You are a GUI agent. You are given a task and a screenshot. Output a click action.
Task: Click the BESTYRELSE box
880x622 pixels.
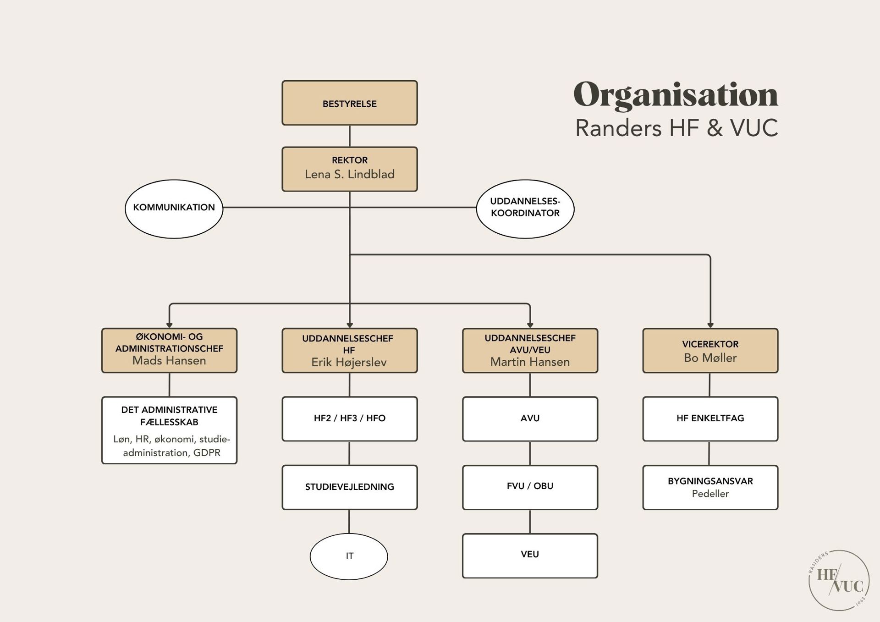click(x=349, y=103)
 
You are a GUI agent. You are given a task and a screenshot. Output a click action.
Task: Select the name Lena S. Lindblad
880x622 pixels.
click(x=349, y=175)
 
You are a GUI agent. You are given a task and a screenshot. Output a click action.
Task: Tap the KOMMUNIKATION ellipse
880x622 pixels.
click(x=174, y=209)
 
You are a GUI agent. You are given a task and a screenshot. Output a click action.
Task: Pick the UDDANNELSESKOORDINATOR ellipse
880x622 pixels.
click(x=525, y=209)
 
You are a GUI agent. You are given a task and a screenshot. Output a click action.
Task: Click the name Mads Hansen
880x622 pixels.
click(x=169, y=361)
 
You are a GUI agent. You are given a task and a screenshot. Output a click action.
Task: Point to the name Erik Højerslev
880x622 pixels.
click(x=349, y=363)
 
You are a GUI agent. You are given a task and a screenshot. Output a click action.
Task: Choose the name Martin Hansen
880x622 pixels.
click(x=530, y=362)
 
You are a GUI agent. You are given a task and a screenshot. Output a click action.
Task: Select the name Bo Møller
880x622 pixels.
click(x=710, y=358)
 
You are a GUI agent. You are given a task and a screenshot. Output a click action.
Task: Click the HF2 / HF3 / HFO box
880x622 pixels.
click(x=349, y=418)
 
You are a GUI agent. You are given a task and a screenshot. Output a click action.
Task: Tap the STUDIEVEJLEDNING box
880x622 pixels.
click(x=349, y=487)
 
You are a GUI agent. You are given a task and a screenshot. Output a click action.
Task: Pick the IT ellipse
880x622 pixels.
click(x=349, y=556)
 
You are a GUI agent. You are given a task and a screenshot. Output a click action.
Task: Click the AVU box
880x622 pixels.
click(x=530, y=418)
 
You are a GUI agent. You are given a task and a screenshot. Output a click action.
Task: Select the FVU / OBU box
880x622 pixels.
click(x=530, y=487)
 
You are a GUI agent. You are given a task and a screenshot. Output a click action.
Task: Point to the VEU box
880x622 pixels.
click(x=530, y=555)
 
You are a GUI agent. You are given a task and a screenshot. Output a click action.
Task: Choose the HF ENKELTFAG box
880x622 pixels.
click(x=710, y=418)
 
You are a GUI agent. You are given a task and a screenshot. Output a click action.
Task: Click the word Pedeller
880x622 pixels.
click(x=710, y=494)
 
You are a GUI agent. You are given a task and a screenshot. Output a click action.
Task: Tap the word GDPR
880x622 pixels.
click(x=207, y=453)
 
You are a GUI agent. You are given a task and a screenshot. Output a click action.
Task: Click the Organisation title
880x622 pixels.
click(x=676, y=95)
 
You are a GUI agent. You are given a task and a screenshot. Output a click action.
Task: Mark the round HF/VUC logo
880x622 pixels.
click(x=838, y=580)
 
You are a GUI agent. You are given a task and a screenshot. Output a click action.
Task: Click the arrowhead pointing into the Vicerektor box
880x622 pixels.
click(x=710, y=325)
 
